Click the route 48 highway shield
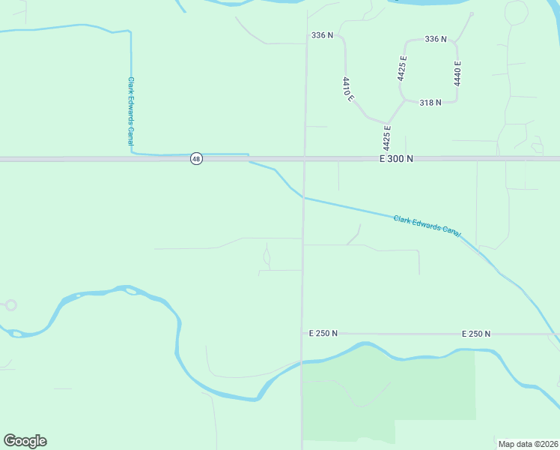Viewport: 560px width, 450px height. [195, 159]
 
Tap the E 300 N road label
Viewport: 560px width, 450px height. [396, 159]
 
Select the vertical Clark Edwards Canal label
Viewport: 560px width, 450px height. [130, 110]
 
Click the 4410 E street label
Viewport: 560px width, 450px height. [348, 89]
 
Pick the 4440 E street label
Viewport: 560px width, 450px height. [457, 73]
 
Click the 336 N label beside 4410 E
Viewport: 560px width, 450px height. [322, 35]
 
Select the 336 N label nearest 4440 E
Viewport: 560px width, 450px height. [435, 39]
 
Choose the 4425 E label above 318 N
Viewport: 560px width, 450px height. [403, 68]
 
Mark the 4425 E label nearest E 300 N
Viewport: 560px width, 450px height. [388, 138]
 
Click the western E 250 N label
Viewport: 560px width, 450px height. [323, 333]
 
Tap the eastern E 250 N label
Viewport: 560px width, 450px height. [476, 333]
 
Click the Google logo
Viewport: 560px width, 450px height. [25, 441]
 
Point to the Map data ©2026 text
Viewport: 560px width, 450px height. [527, 443]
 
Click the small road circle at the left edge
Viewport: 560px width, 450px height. [10, 305]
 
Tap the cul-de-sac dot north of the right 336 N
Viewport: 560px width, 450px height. [472, 14]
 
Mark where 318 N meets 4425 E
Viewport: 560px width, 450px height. [403, 100]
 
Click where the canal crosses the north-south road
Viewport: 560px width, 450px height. [303, 198]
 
